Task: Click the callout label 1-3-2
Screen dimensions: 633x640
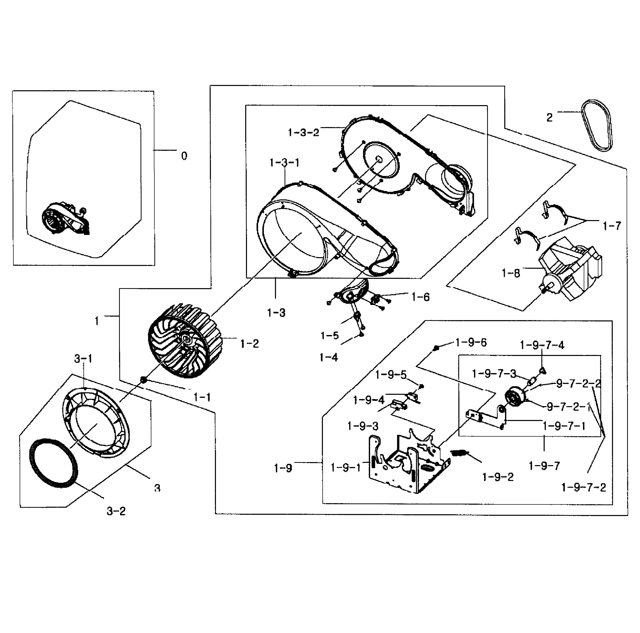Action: click(303, 133)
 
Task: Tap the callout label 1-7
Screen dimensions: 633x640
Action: click(611, 226)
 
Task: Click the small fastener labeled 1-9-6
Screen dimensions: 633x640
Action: click(436, 347)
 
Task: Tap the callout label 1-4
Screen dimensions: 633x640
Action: click(329, 357)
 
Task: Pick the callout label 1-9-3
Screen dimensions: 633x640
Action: click(363, 426)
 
